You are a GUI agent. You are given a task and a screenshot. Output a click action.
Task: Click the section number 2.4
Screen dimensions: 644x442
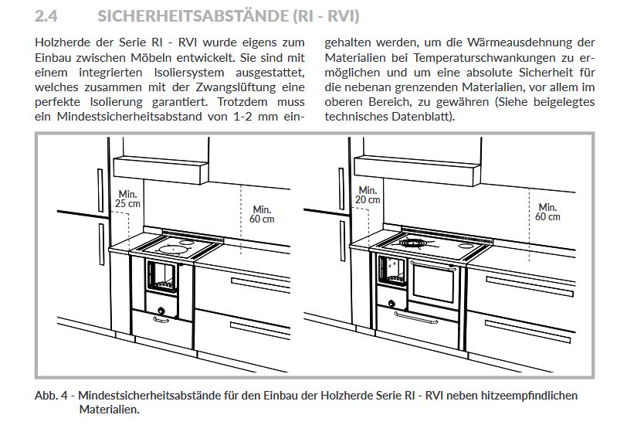(46, 16)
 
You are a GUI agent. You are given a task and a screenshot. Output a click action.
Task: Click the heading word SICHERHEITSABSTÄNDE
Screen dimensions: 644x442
(193, 15)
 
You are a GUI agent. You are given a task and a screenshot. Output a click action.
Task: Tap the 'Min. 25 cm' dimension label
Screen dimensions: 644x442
(127, 199)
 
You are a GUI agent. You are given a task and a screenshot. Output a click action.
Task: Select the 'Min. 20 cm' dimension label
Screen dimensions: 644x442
(368, 195)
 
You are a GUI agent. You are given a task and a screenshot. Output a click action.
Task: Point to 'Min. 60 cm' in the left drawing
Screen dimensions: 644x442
(262, 214)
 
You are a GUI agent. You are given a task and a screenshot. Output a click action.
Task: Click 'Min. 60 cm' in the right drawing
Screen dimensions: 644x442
(547, 212)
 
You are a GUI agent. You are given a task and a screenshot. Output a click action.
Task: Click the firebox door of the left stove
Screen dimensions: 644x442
(162, 277)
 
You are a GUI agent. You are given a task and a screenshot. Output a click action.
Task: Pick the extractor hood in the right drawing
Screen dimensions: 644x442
(417, 170)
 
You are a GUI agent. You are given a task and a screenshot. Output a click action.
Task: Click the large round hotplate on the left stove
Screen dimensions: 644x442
(171, 249)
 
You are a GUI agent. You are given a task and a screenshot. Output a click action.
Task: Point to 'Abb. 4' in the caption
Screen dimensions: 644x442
(51, 396)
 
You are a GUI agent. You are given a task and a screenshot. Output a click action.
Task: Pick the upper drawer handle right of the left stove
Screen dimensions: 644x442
(260, 284)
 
